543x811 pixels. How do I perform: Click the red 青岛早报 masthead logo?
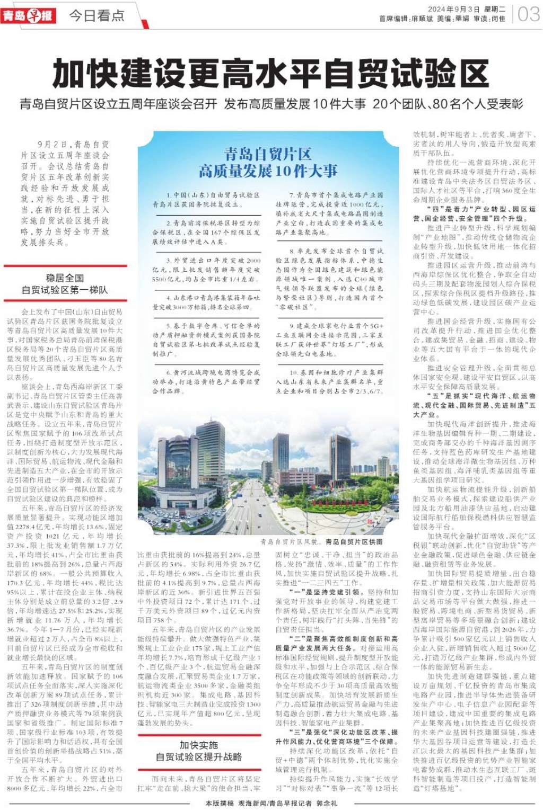(28, 15)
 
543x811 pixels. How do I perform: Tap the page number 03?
(528, 14)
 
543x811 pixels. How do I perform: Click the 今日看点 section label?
(97, 16)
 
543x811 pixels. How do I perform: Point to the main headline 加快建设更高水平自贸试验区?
(270, 74)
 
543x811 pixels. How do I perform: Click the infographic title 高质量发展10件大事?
(268, 171)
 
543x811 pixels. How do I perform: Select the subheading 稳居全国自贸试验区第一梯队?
(65, 284)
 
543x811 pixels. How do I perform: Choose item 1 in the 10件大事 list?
(206, 199)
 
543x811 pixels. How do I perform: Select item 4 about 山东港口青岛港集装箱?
(206, 302)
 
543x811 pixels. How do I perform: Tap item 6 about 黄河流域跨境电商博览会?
(206, 381)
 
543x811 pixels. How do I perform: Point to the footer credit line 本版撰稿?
(271, 803)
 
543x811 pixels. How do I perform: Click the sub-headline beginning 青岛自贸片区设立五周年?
(271, 104)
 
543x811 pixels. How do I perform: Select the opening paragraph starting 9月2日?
(65, 193)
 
